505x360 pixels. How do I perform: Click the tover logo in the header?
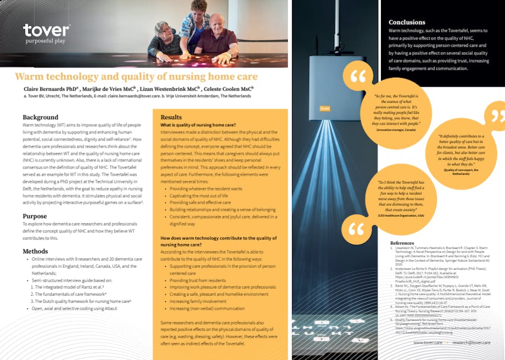(46, 31)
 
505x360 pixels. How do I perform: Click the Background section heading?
(40, 117)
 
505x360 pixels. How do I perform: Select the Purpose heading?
(35, 216)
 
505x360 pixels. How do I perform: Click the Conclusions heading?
(407, 22)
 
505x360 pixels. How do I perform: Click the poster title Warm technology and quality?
(136, 76)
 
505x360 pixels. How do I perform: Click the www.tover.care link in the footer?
(428, 342)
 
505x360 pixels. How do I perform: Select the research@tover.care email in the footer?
(471, 342)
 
